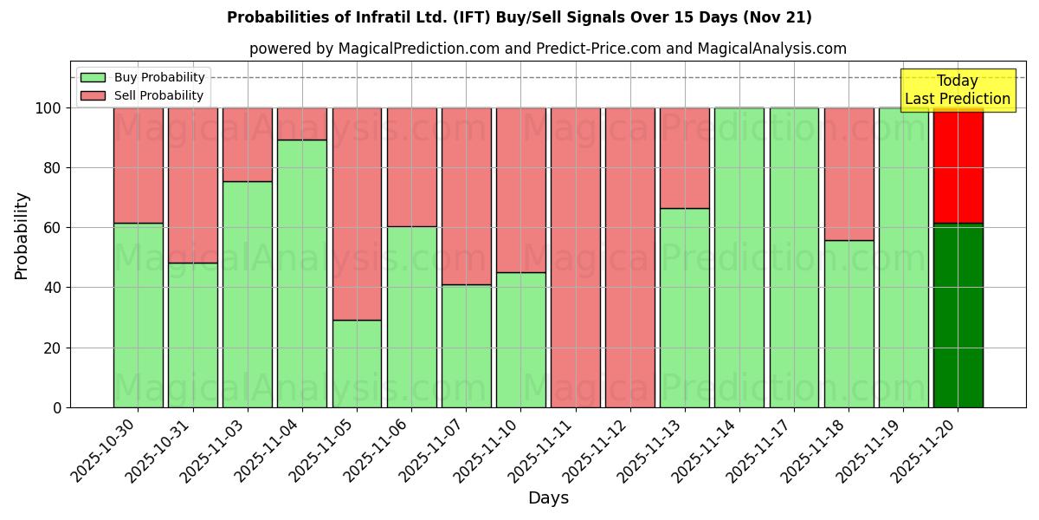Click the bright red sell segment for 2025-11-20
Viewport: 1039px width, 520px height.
point(958,165)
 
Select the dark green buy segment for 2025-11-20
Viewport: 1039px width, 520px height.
point(958,315)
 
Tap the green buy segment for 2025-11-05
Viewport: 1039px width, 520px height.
point(357,363)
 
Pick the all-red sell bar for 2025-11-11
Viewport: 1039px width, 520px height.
point(575,257)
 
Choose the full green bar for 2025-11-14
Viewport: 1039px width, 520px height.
point(739,257)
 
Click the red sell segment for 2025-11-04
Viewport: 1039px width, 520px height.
point(302,123)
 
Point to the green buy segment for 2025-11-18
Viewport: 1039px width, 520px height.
point(849,323)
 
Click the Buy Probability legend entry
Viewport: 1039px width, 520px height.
point(142,77)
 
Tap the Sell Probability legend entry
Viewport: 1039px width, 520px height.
point(142,95)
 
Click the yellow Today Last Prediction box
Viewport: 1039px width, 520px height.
point(957,90)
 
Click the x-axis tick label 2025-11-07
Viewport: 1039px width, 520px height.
point(433,451)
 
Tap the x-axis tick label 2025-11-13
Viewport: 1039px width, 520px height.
point(652,451)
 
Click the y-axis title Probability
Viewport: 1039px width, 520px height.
point(22,235)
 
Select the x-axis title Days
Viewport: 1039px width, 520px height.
point(548,498)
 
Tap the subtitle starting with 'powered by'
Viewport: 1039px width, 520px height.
point(547,49)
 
